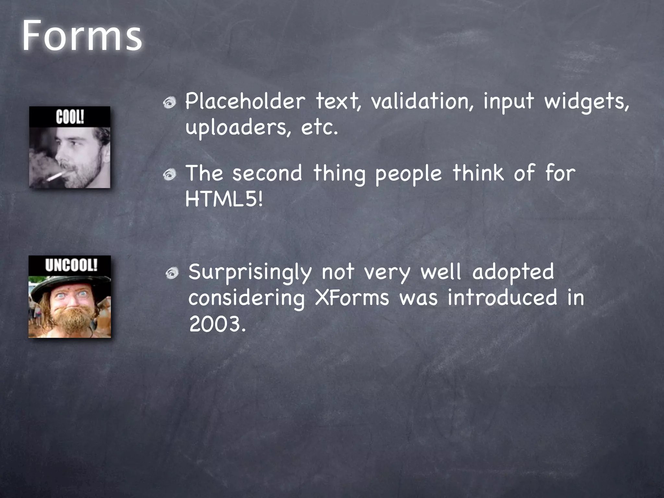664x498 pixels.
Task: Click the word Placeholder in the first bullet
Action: (245, 101)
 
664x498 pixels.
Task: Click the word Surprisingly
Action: (250, 272)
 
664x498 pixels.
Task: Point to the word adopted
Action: (513, 272)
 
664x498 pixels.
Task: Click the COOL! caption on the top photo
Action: (70, 117)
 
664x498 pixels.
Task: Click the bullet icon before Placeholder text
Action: (170, 103)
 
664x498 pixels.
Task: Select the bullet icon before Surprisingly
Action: (172, 274)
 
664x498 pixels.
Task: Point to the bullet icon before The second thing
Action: (170, 175)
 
